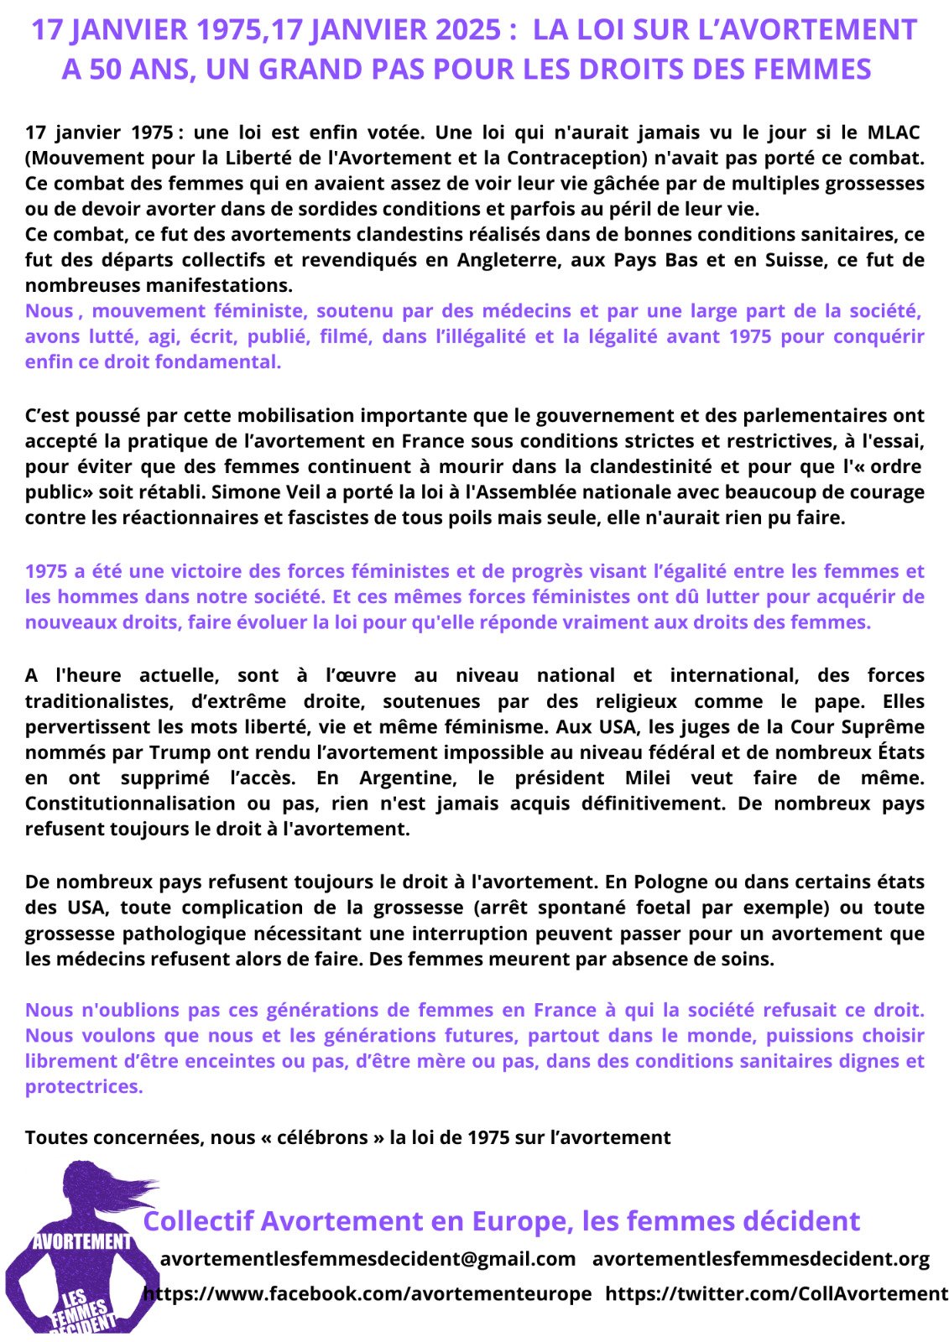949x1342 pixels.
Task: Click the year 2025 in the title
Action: pyautogui.click(x=470, y=30)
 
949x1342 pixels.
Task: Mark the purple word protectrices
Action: pyautogui.click(x=84, y=1087)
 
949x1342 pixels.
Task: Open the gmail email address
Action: pyautogui.click(x=368, y=1259)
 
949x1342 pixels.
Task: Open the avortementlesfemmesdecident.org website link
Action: pyautogui.click(x=761, y=1259)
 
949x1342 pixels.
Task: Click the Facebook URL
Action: pyautogui.click(x=368, y=1294)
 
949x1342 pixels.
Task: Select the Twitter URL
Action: pyautogui.click(x=776, y=1294)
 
